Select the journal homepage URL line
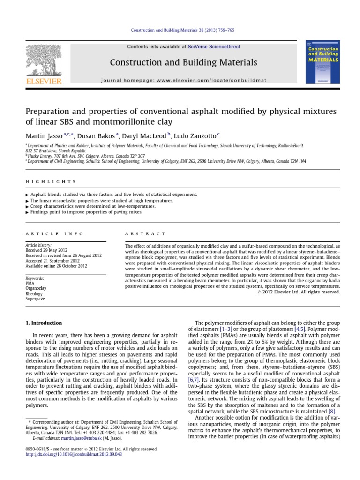[184, 80]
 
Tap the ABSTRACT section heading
[145, 233]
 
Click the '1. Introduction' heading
[43, 323]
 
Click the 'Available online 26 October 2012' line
[56, 265]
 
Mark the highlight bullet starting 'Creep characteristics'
[99, 206]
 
